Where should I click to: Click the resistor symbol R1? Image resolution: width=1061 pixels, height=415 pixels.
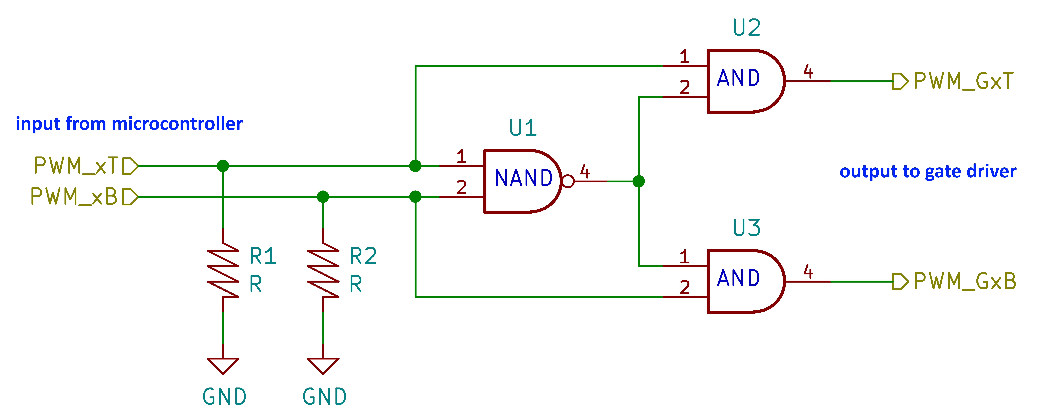pos(223,270)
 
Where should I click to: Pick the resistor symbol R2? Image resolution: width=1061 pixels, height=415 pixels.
pos(323,270)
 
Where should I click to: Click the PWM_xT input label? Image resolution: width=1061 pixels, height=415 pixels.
pos(76,166)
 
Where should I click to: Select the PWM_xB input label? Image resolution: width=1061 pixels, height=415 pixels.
pos(74,197)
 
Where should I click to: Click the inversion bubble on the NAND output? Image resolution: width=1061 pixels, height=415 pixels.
pos(568,181)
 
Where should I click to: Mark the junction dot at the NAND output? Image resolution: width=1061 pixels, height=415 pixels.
pos(638,181)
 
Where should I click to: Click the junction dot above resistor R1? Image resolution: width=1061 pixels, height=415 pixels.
pos(223,166)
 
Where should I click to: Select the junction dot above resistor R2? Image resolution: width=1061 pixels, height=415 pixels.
pos(323,197)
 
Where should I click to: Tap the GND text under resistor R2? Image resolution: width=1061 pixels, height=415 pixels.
pos(325,397)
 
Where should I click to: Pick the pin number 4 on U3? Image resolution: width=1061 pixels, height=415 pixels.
pos(808,272)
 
